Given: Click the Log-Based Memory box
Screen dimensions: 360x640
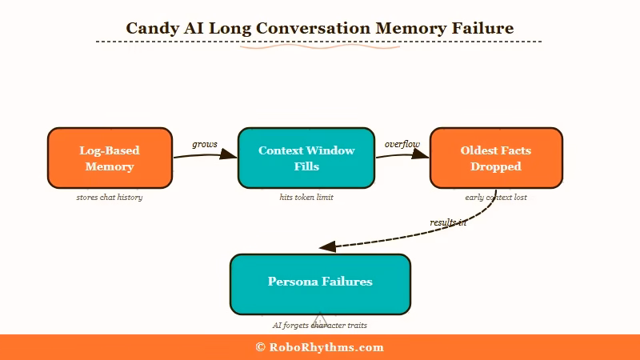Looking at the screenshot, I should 110,158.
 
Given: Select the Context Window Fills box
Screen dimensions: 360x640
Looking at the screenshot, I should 306,158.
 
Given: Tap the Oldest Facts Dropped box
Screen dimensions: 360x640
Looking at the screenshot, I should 496,158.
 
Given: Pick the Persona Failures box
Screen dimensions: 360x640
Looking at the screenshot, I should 320,283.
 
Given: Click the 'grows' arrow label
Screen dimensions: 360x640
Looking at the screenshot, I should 205,144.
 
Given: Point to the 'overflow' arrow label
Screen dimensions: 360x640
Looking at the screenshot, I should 402,144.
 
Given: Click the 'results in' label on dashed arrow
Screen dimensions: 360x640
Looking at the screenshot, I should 448,222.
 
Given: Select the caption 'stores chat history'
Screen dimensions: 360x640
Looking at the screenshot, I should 110,197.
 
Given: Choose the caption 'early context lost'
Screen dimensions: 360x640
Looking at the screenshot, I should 496,197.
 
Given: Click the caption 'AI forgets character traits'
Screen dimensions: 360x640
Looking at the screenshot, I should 320,326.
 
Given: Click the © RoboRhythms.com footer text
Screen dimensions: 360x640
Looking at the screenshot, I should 320,347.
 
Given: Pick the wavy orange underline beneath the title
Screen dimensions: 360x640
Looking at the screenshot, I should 320,47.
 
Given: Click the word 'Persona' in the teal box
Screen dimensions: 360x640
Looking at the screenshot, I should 293,282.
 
